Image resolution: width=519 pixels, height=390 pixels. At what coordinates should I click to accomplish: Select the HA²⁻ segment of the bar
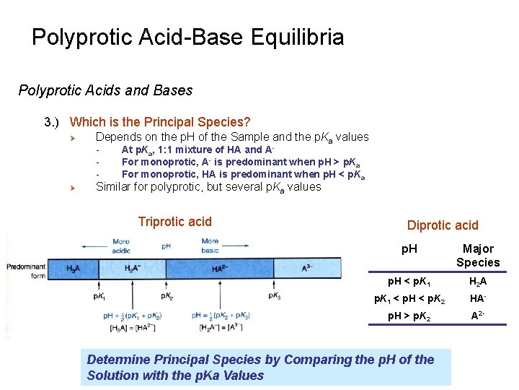pyautogui.click(x=221, y=268)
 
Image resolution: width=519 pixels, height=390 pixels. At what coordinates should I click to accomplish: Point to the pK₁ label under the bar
pyautogui.click(x=99, y=296)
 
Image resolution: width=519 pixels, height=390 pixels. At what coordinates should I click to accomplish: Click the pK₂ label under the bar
pyautogui.click(x=167, y=296)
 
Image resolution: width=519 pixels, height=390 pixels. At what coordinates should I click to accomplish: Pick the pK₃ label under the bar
pyautogui.click(x=274, y=296)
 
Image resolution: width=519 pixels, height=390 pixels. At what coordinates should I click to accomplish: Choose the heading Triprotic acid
pyautogui.click(x=174, y=222)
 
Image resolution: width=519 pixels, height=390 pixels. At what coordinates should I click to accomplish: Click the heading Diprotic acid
pyautogui.click(x=443, y=225)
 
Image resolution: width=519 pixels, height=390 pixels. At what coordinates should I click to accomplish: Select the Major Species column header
pyautogui.click(x=477, y=256)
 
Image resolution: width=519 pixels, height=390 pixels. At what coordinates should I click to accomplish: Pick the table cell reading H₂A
pyautogui.click(x=477, y=281)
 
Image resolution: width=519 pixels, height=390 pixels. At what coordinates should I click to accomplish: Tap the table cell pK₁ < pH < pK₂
pyautogui.click(x=408, y=298)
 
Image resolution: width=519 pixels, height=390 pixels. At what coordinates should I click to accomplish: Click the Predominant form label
pyautogui.click(x=26, y=270)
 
